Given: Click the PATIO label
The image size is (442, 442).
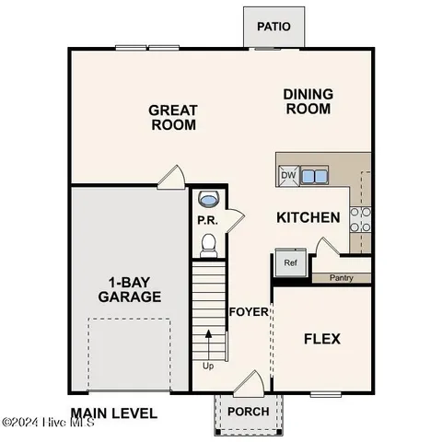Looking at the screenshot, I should click(x=273, y=27).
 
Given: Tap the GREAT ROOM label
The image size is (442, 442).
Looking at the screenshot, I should click(x=173, y=118).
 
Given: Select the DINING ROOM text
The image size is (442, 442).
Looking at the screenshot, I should click(x=308, y=101).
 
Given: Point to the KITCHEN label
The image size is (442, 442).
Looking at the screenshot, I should click(x=308, y=218).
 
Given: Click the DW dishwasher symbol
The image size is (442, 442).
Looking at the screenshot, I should click(x=288, y=176).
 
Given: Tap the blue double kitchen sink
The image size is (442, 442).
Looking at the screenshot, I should click(x=314, y=176).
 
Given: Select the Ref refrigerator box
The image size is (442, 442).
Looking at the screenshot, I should click(x=290, y=263).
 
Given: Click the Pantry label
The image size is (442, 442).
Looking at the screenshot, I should click(x=342, y=276).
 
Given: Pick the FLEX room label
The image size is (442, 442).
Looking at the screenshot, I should click(x=321, y=339).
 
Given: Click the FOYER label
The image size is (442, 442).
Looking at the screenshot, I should click(x=249, y=311).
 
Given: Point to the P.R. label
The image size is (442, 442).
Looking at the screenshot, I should click(x=205, y=221).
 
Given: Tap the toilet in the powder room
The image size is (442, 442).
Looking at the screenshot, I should click(x=208, y=244).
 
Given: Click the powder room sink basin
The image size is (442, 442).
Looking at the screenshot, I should click(x=209, y=200).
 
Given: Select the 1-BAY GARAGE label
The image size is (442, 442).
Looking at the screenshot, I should click(x=129, y=289).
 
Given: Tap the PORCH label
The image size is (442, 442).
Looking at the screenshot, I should click(x=249, y=412).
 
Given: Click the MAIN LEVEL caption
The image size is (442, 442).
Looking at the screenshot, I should click(x=113, y=413).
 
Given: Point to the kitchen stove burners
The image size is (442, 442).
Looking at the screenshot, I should click(x=360, y=218).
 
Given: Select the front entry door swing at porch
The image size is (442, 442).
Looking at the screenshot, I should click(x=247, y=383).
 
